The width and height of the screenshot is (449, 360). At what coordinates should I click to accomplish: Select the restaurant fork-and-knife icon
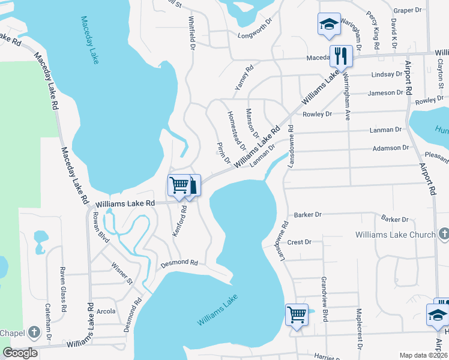click(341, 56)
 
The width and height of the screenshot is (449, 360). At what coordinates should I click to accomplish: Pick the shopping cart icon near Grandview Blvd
click(297, 313)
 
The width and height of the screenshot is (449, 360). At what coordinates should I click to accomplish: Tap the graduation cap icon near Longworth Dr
click(328, 24)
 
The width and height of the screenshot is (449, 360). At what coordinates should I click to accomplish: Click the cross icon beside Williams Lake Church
click(444, 233)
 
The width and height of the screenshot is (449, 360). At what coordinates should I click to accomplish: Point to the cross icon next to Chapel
click(34, 332)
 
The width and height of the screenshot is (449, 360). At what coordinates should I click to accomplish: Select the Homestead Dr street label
click(236, 130)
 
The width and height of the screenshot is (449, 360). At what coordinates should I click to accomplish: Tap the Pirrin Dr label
click(223, 152)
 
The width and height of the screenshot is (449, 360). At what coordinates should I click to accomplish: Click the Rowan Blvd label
click(100, 228)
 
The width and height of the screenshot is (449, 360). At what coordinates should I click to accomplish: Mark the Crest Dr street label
click(299, 242)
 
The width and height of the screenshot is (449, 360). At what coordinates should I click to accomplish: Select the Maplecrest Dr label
click(358, 329)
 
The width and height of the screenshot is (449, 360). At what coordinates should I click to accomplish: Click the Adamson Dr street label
click(390, 147)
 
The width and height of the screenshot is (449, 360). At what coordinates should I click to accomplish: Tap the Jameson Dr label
click(385, 92)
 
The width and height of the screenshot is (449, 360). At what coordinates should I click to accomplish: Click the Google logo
click(20, 353)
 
